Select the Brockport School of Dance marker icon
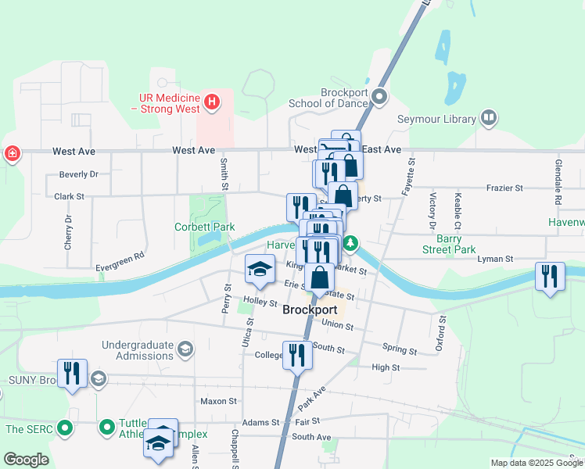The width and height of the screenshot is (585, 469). [379, 97]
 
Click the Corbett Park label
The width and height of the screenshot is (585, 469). [203, 227]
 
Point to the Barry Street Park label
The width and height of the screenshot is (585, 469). [456, 244]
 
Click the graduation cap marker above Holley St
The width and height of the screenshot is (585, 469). [260, 269]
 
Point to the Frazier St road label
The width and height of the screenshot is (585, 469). [503, 188]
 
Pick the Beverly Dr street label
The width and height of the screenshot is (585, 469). [78, 174]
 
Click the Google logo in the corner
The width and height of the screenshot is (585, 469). [26, 460]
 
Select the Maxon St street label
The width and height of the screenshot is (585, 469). [218, 401]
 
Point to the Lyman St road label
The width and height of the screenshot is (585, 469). [496, 258]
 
